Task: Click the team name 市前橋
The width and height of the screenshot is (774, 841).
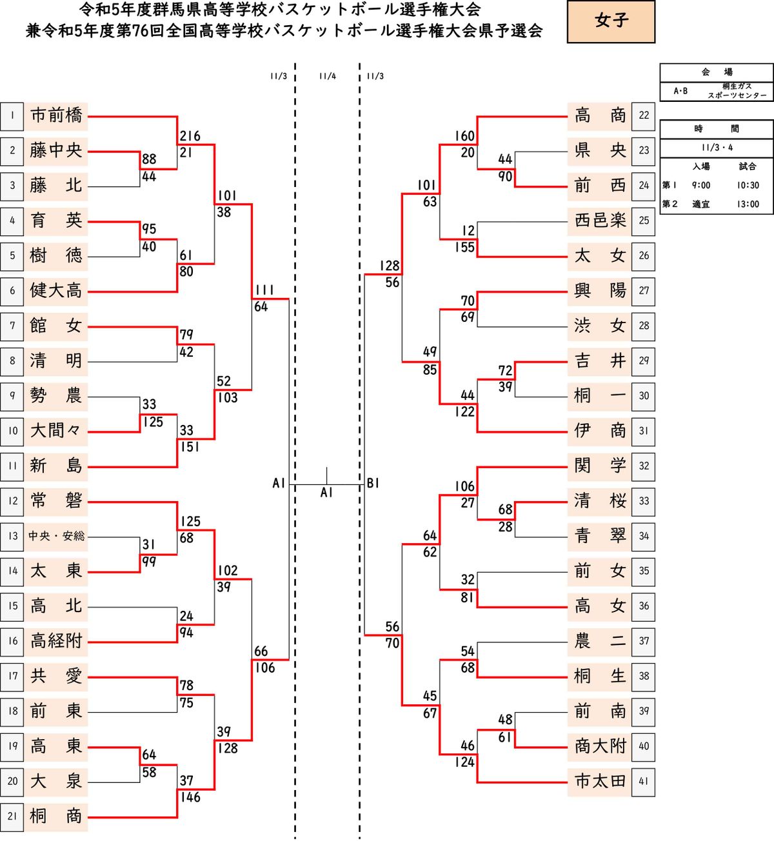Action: click(56, 115)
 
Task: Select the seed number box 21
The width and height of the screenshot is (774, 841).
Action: click(12, 816)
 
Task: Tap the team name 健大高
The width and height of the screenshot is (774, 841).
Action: click(56, 290)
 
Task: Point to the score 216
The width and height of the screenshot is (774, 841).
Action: click(190, 136)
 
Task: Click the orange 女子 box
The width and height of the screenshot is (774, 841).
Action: click(611, 21)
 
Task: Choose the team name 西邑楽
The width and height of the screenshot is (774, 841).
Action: click(600, 221)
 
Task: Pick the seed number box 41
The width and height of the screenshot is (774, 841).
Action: click(644, 780)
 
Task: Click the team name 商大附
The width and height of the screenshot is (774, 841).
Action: click(600, 746)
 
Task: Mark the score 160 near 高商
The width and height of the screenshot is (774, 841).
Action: click(464, 136)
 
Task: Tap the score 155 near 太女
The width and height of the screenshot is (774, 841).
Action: click(464, 247)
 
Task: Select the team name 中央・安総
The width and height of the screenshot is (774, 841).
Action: click(56, 536)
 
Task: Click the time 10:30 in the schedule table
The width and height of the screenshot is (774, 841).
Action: click(748, 185)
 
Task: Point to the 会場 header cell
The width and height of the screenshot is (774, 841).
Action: click(716, 72)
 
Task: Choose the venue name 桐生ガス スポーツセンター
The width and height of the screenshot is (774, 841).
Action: click(737, 91)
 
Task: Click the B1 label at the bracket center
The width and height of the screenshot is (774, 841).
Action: click(373, 484)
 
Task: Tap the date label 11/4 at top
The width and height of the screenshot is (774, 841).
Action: click(327, 76)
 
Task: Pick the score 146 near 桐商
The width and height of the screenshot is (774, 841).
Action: click(190, 797)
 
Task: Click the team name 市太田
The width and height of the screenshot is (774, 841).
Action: click(600, 781)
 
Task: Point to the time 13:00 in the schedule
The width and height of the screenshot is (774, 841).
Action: click(748, 204)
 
